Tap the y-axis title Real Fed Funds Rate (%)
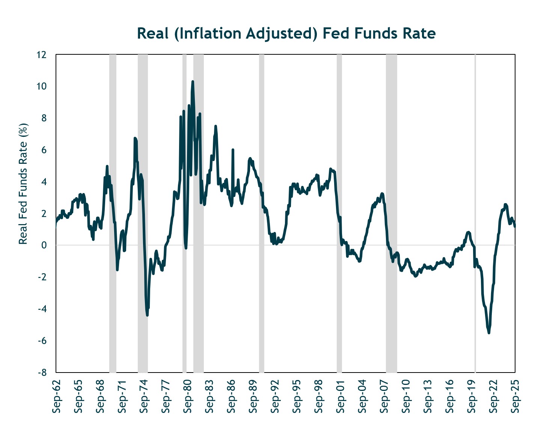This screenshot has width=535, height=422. pos(23,184)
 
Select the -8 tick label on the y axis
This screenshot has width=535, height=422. pos(41,373)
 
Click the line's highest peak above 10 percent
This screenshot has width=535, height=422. pos(193,81)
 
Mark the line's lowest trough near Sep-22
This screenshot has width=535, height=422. pos(488,332)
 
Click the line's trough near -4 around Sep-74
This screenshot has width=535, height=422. pos(147,315)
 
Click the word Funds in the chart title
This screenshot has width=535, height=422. pos(371,33)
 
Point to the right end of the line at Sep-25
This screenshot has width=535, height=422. pos(515,226)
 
